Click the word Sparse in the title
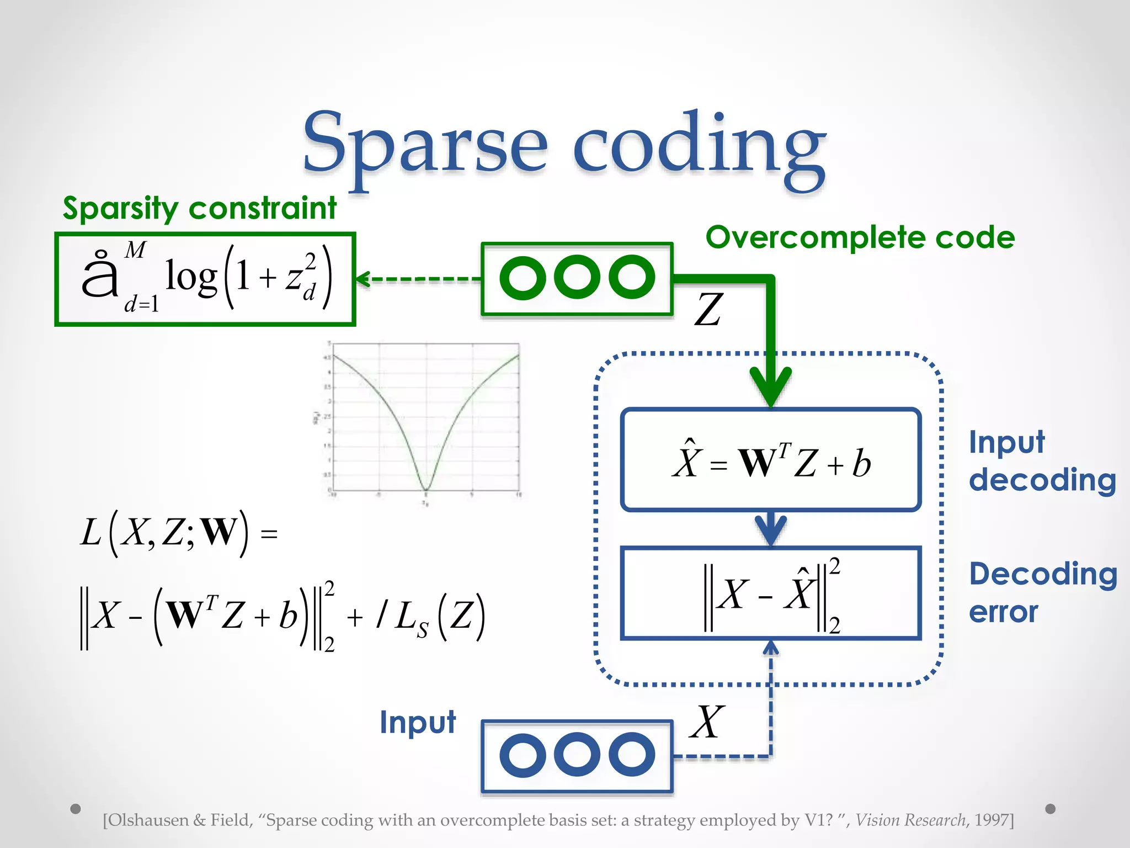(425, 145)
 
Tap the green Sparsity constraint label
(199, 209)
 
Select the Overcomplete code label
(860, 237)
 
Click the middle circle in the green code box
(577, 277)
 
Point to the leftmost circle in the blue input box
(523, 755)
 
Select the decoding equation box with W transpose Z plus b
(771, 460)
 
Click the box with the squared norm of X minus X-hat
(771, 593)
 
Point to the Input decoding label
(1042, 461)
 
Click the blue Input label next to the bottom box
(418, 722)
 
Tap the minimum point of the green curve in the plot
(425, 489)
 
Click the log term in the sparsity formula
(191, 277)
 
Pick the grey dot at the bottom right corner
(1051, 809)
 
